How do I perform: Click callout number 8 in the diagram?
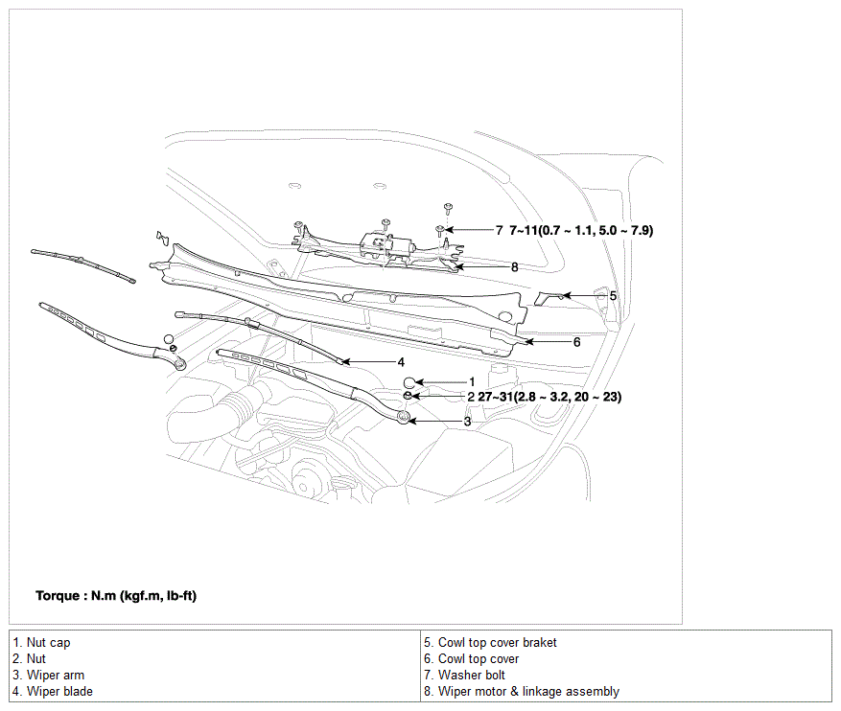pyautogui.click(x=514, y=266)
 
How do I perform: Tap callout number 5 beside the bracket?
pyautogui.click(x=613, y=296)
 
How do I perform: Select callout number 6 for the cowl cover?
pyautogui.click(x=576, y=342)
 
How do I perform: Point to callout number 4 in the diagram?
pyautogui.click(x=401, y=362)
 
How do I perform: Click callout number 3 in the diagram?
pyautogui.click(x=467, y=422)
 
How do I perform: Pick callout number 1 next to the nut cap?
pyautogui.click(x=472, y=382)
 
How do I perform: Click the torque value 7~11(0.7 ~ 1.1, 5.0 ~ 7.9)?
pyautogui.click(x=581, y=230)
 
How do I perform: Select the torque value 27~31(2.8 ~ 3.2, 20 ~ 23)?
pyautogui.click(x=549, y=397)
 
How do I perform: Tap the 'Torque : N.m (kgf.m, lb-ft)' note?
pyautogui.click(x=116, y=596)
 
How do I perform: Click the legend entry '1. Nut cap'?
pyautogui.click(x=41, y=642)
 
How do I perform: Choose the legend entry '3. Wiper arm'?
pyautogui.click(x=48, y=676)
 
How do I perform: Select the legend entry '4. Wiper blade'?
pyautogui.click(x=53, y=692)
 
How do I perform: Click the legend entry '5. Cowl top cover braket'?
pyautogui.click(x=490, y=642)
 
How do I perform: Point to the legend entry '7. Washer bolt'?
pyautogui.click(x=464, y=676)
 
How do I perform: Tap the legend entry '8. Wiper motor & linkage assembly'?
pyautogui.click(x=522, y=692)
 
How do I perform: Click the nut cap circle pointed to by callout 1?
pyautogui.click(x=409, y=382)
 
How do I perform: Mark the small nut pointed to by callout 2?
pyautogui.click(x=408, y=396)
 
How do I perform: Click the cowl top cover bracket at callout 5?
pyautogui.click(x=549, y=298)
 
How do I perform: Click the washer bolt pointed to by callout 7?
pyautogui.click(x=440, y=230)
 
